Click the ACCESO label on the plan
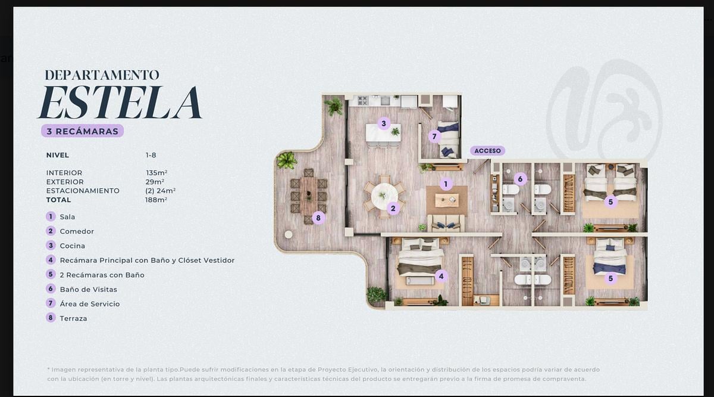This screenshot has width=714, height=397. point(487,151)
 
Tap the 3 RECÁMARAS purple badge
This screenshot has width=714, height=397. point(82,131)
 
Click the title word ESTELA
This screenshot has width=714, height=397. point(120,102)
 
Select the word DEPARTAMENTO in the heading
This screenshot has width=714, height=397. point(102,75)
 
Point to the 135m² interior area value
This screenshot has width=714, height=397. point(156,173)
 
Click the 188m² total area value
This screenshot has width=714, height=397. point(156,200)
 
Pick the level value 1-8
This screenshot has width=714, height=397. point(151,155)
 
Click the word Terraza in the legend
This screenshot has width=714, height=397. point(73,318)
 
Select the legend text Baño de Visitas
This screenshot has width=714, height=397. point(89,289)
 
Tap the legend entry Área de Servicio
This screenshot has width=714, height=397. point(90,304)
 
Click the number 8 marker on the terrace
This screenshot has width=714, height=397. point(318,218)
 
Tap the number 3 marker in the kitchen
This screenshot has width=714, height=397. point(384,123)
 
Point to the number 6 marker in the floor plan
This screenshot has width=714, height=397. point(520,179)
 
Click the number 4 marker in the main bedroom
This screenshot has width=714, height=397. point(441,276)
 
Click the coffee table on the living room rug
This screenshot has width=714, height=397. point(447,200)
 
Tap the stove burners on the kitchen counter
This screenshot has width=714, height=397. point(363,101)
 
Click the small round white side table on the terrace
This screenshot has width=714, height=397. point(289,234)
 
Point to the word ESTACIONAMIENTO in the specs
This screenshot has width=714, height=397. point(83,191)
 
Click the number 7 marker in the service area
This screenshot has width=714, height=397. point(434,137)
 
